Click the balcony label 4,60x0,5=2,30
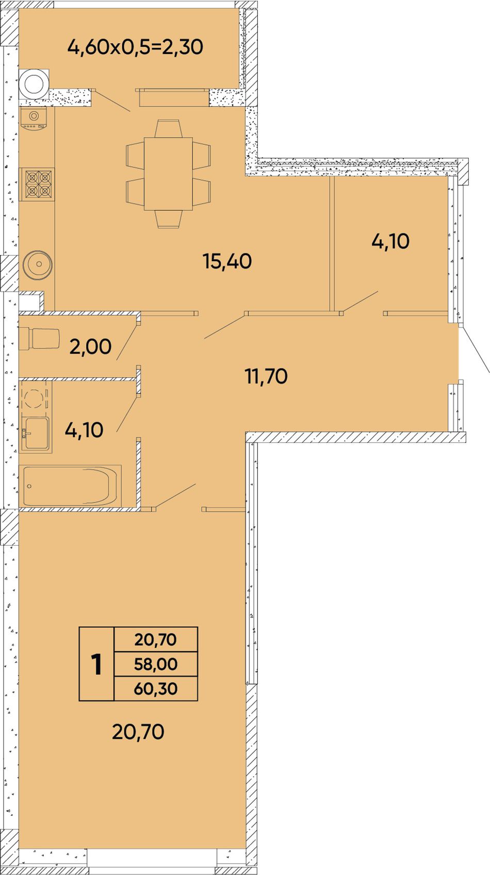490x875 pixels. point(135,47)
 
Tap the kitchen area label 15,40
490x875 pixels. point(227,261)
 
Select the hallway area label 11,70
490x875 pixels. point(266,376)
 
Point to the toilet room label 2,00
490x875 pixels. point(90,346)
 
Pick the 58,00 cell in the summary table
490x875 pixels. point(156,664)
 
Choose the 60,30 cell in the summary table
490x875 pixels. point(156,688)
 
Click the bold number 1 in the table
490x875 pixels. point(96,664)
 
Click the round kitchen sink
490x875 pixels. point(38,264)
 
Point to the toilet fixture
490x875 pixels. point(40,338)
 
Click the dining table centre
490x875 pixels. point(168,174)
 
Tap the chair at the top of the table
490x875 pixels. point(168,128)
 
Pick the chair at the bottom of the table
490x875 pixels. point(169,219)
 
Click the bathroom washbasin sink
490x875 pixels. point(35,433)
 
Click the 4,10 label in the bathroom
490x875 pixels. point(84,430)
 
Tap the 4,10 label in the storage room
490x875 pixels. point(390,241)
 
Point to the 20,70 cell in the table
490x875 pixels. point(156,640)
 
